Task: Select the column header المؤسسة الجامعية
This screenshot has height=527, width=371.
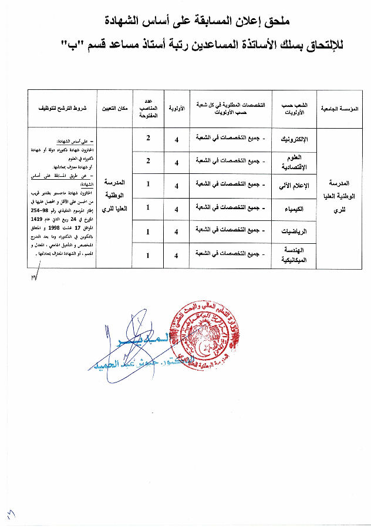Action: (x=340, y=109)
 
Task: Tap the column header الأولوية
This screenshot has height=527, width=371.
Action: (x=177, y=109)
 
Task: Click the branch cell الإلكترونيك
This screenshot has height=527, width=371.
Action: (x=299, y=140)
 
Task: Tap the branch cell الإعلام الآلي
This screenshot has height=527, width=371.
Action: (x=300, y=186)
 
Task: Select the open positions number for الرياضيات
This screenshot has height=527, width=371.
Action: (x=148, y=231)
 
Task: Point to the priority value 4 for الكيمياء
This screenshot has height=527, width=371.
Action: (x=177, y=208)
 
